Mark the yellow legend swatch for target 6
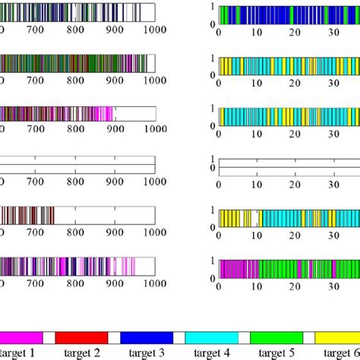click(x=339, y=336)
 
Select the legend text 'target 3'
click(x=148, y=352)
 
